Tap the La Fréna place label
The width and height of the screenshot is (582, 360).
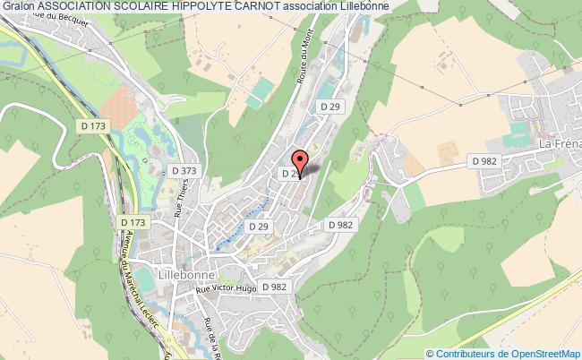[x=559, y=144]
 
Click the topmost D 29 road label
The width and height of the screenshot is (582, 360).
[x=332, y=106]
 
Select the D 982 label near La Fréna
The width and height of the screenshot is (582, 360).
[x=484, y=160]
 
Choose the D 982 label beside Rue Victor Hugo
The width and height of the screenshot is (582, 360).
[x=278, y=287]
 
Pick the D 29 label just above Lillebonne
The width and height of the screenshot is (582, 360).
[x=259, y=227]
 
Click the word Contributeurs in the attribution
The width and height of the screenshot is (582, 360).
[x=466, y=354]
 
